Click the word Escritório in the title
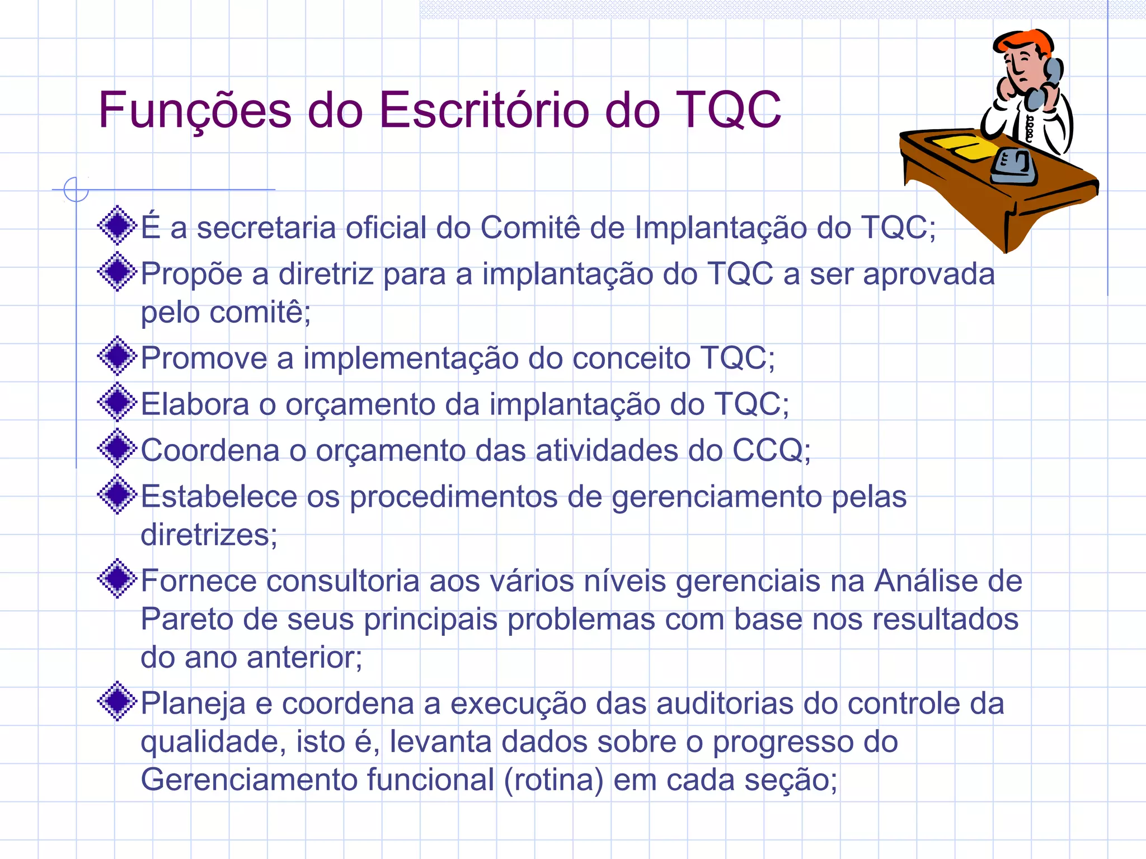pos(484,110)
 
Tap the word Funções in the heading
pos(195,110)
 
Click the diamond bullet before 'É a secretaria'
pos(117,225)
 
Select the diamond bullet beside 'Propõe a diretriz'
pos(117,272)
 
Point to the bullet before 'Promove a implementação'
pos(117,356)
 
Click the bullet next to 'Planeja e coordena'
pos(117,701)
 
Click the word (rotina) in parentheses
pos(553,780)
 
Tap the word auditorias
pos(725,704)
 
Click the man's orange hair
pos(1024,41)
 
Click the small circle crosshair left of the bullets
pos(76,190)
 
